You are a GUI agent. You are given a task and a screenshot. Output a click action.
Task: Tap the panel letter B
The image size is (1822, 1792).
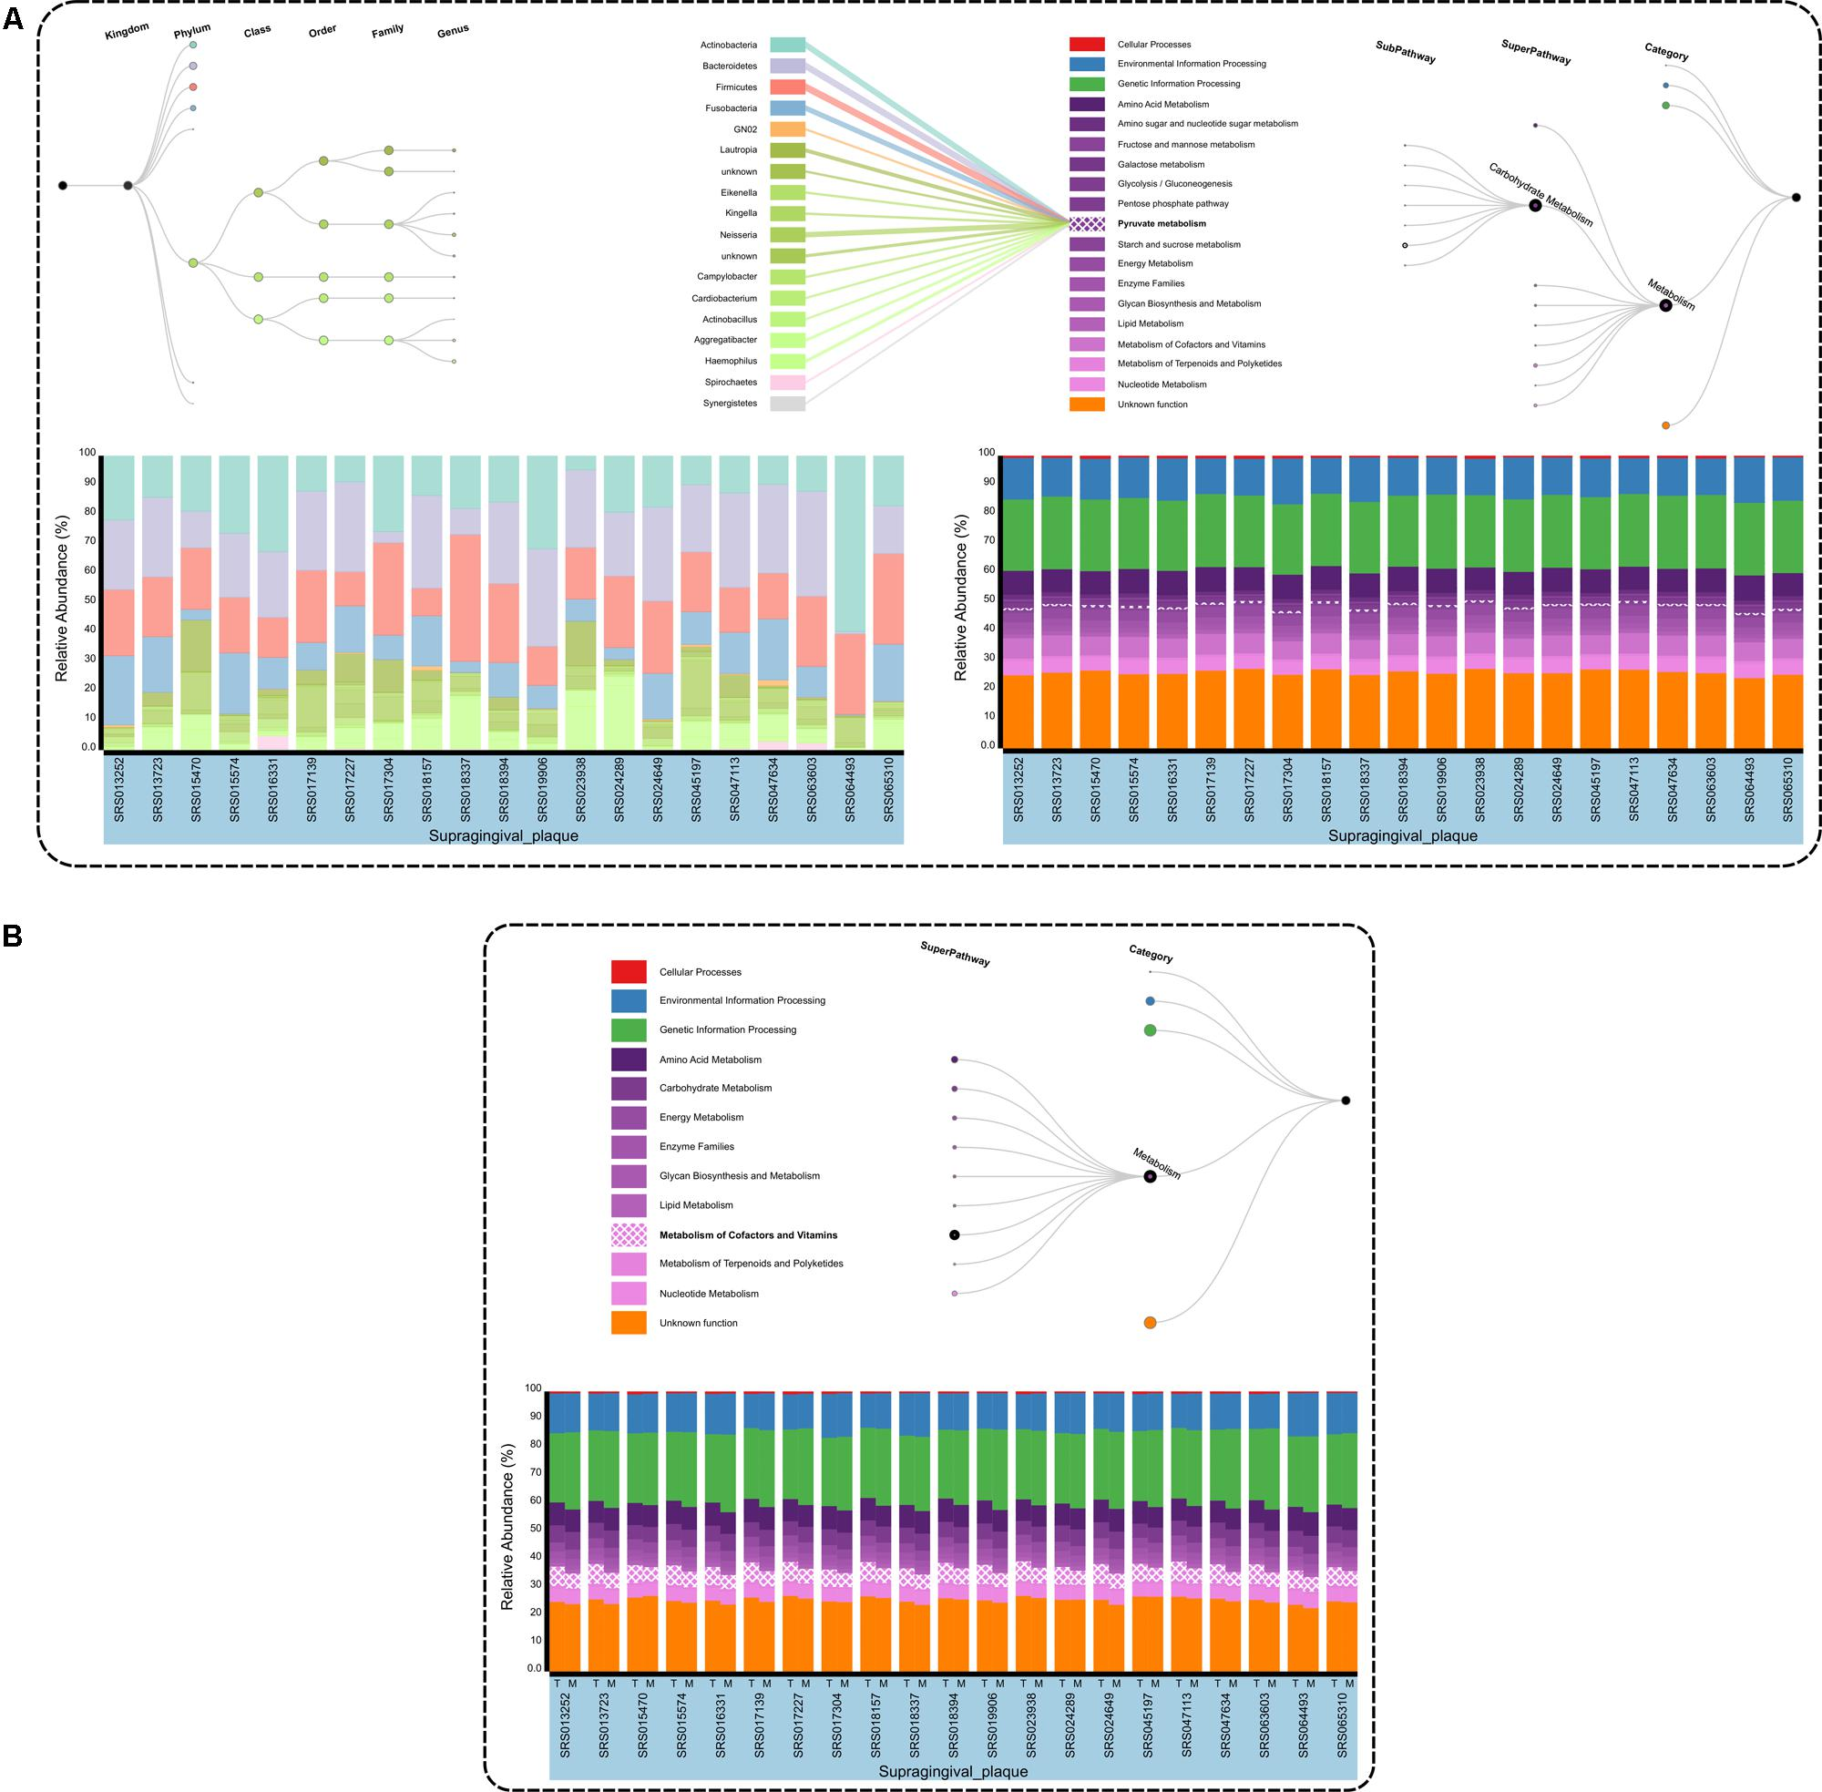(x=13, y=936)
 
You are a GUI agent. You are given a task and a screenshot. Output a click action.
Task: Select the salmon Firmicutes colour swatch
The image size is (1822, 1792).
(x=787, y=87)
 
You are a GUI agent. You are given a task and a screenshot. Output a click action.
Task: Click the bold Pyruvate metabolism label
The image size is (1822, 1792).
(x=1162, y=224)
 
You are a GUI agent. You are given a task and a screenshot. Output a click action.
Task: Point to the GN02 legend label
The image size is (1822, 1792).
(x=744, y=129)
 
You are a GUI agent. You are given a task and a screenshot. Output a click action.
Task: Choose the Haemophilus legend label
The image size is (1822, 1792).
(x=731, y=362)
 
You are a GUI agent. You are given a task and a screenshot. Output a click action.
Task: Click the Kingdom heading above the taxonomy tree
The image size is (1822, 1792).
(x=127, y=32)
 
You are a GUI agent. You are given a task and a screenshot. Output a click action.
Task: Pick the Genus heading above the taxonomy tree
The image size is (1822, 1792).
(x=453, y=32)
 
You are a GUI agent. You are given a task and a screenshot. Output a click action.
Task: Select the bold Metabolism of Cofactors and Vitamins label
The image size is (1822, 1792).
(x=748, y=1234)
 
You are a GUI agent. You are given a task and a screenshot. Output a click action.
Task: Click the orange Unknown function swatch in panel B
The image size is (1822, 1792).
(x=629, y=1322)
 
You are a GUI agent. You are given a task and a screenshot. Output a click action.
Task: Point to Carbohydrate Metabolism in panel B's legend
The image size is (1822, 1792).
(x=715, y=1088)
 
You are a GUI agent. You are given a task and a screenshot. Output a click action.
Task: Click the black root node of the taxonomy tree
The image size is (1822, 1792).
(x=63, y=186)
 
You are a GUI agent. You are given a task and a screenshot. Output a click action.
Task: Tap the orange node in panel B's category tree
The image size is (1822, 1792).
(x=1150, y=1322)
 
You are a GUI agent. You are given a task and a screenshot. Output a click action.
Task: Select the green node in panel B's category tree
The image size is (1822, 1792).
(x=1150, y=1030)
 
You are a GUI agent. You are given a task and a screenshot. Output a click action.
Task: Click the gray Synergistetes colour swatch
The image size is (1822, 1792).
(x=787, y=404)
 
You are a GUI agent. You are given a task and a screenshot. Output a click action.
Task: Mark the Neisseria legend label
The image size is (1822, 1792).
(x=738, y=235)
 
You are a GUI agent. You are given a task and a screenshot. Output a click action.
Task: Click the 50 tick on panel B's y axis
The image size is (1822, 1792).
(x=534, y=1529)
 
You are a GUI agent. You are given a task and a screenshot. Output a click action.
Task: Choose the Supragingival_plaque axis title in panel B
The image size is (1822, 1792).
(x=952, y=1771)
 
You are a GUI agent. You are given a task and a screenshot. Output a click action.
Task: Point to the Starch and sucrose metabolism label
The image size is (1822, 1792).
(x=1178, y=245)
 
